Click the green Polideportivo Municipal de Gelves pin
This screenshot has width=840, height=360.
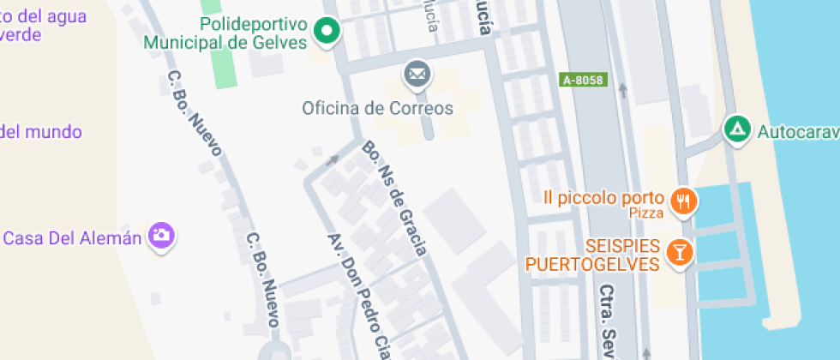[x=326, y=33]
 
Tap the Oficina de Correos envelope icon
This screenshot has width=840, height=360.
[x=417, y=75]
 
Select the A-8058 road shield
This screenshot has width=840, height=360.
[x=583, y=80]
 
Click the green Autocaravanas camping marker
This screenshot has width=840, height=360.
[x=735, y=130]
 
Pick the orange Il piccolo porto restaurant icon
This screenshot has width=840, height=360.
[x=683, y=201]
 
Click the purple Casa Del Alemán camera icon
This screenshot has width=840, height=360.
[x=160, y=237]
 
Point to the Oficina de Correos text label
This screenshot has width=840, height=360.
[x=377, y=109]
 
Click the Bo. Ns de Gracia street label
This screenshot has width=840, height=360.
[x=394, y=198]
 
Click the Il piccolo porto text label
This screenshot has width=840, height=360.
[x=605, y=198]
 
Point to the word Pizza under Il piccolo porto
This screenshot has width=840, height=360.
[x=646, y=213]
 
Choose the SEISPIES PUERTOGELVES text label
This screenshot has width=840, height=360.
[x=592, y=255]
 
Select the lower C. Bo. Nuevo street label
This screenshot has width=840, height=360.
[x=261, y=279]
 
